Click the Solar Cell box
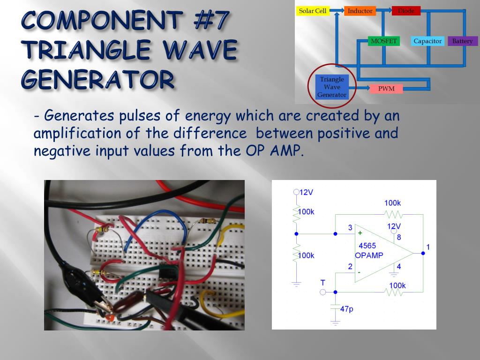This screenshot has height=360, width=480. [313, 11]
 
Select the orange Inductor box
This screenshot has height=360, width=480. [360, 11]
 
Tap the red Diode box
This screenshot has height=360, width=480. [406, 11]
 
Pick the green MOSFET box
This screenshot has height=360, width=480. [383, 41]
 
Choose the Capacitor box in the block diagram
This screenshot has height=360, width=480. [427, 41]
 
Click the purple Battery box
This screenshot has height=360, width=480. [462, 41]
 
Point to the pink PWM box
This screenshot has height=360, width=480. [386, 89]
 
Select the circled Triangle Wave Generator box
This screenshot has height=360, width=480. [332, 87]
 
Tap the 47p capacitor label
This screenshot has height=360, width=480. [347, 309]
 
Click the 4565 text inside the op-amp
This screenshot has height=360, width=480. [367, 246]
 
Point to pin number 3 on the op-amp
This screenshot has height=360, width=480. [350, 228]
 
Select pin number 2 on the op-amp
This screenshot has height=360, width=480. [350, 267]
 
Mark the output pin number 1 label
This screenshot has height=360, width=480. [428, 247]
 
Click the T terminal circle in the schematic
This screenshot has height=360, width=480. [322, 292]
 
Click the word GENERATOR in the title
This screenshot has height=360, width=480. [98, 80]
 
